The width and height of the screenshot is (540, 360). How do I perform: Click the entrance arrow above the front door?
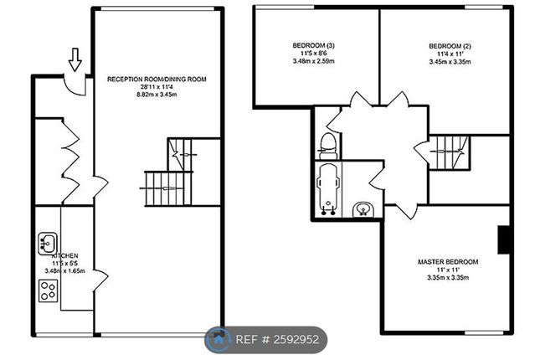pos(75,59)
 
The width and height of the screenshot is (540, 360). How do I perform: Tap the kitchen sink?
pos(46,244)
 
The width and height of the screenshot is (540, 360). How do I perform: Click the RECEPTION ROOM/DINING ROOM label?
pos(157,80)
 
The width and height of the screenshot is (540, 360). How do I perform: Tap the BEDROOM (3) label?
pos(314,44)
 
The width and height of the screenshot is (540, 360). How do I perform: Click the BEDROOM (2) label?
pos(445,44)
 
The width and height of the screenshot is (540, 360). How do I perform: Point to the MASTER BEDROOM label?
pos(448,262)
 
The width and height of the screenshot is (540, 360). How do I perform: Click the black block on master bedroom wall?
pos(504,239)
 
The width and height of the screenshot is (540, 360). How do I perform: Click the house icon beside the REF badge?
pos(219,341)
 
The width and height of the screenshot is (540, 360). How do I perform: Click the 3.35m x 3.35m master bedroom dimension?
pos(448,279)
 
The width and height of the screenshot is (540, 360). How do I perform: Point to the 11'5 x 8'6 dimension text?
pos(314,53)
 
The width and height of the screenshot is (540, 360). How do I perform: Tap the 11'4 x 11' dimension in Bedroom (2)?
pos(445,53)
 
